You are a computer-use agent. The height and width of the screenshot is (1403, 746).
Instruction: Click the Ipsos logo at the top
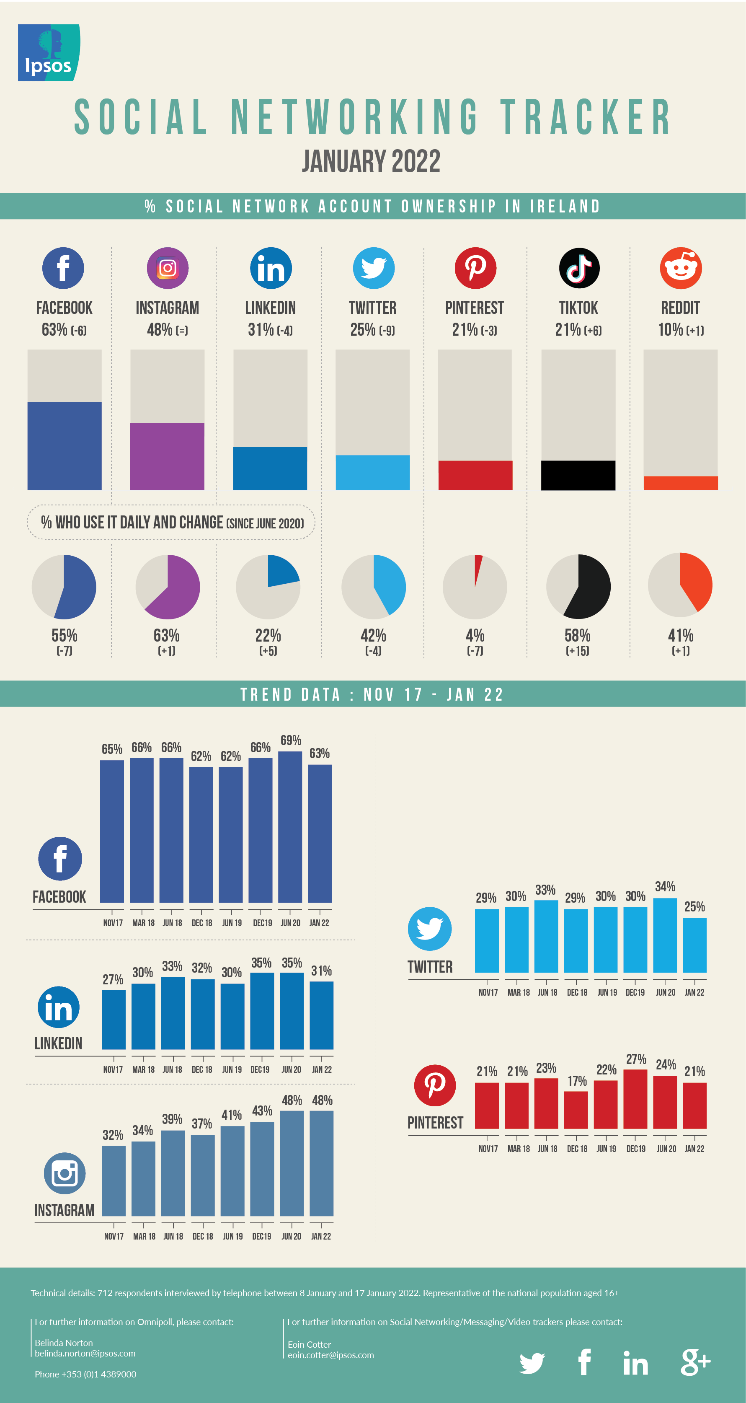click(49, 53)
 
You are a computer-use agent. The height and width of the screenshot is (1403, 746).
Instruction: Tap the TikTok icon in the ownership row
click(579, 268)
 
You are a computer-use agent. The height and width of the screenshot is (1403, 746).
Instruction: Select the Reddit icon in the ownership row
click(681, 268)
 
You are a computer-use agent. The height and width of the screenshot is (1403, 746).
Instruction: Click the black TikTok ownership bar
click(578, 476)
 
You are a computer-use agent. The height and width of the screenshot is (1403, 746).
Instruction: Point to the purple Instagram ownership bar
click(167, 456)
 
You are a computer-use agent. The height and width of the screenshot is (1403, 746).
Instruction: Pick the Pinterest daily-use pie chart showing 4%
click(475, 587)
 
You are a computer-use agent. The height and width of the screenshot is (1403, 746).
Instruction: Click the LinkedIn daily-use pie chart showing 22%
click(268, 587)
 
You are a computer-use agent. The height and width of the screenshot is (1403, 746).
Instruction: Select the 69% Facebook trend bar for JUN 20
click(290, 827)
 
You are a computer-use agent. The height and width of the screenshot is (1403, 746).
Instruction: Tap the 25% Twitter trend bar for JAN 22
click(694, 945)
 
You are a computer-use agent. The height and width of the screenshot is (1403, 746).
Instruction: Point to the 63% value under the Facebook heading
click(54, 329)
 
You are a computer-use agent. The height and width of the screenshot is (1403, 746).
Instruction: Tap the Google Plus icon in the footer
click(695, 1363)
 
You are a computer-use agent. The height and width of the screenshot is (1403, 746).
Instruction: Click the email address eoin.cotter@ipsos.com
click(330, 1355)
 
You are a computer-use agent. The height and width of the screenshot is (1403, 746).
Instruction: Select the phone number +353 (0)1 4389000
click(85, 1374)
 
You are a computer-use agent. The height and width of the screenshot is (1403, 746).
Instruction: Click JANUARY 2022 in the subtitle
click(372, 161)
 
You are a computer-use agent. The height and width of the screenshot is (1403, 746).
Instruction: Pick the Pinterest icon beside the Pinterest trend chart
click(434, 1085)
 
